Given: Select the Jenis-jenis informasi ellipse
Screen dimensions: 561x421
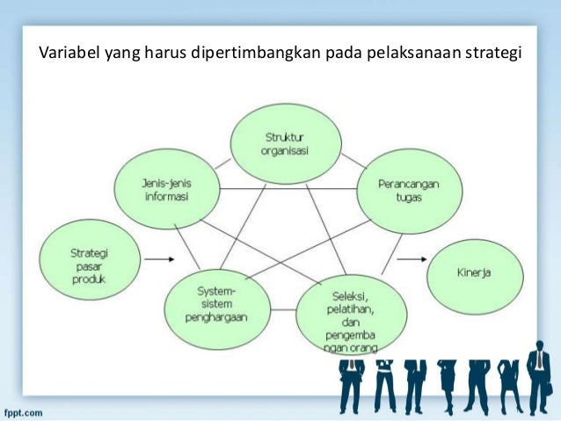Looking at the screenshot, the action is tap(166, 188).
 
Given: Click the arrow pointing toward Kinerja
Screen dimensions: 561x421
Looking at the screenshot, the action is tap(411, 260).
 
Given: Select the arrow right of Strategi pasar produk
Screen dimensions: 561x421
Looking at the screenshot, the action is tap(158, 259).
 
